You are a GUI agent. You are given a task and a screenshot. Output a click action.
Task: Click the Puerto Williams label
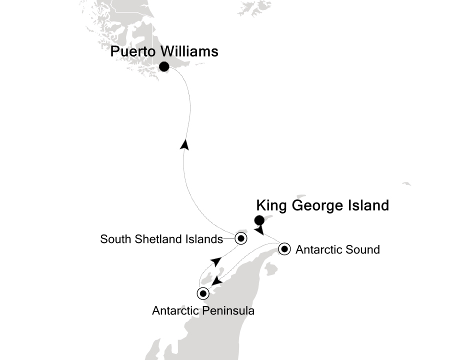click(164, 51)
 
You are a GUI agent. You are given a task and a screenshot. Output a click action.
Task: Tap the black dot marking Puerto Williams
click(163, 66)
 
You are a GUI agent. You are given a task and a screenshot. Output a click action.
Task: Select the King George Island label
click(322, 205)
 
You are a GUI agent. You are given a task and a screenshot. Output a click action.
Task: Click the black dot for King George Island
click(259, 219)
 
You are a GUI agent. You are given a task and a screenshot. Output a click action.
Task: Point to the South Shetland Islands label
click(161, 239)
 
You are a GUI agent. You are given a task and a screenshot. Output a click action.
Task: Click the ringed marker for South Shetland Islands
click(241, 238)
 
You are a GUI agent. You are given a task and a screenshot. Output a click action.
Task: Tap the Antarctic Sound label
click(337, 249)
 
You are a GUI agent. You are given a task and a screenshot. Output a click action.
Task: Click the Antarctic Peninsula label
click(203, 311)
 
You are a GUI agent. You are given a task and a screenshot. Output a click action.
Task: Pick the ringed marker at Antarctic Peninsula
click(203, 293)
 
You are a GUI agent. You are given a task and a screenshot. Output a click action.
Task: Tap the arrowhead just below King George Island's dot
click(258, 230)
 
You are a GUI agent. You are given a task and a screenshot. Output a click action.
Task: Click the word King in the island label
click(270, 205)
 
